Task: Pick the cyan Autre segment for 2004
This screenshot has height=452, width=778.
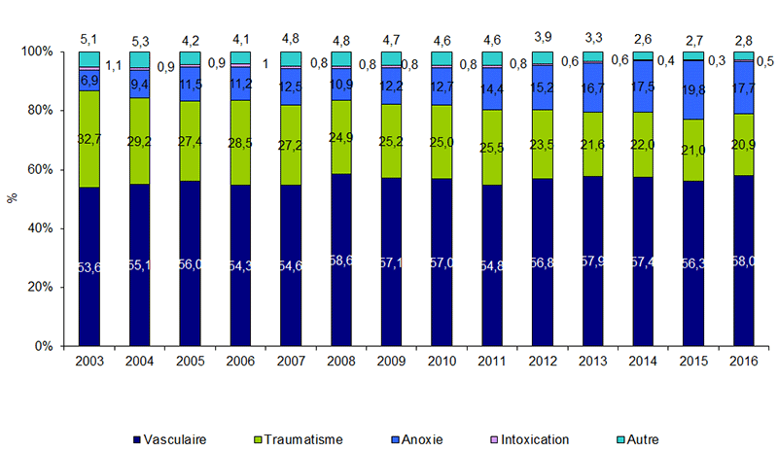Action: (x=140, y=59)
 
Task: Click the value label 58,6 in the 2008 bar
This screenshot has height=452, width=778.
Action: (x=341, y=263)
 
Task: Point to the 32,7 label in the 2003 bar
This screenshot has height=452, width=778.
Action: (x=89, y=139)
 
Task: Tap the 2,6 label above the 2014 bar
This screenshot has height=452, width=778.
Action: (x=644, y=39)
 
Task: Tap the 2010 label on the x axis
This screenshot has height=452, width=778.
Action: (x=442, y=363)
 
